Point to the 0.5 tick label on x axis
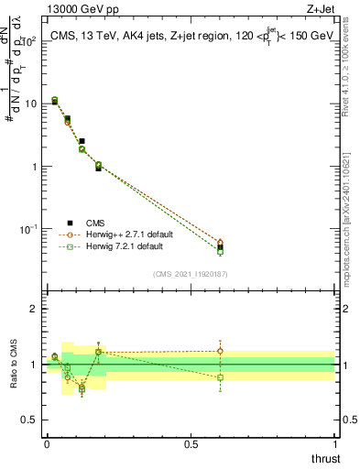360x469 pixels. point(191,444)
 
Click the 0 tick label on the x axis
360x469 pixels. point(47,444)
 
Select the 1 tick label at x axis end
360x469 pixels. point(334,444)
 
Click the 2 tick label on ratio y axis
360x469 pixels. point(34,310)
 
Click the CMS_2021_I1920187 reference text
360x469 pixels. point(191,274)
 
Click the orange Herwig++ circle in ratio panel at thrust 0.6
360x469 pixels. point(220,351)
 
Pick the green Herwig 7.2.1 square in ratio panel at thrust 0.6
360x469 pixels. point(220,377)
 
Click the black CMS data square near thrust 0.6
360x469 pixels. point(220,247)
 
